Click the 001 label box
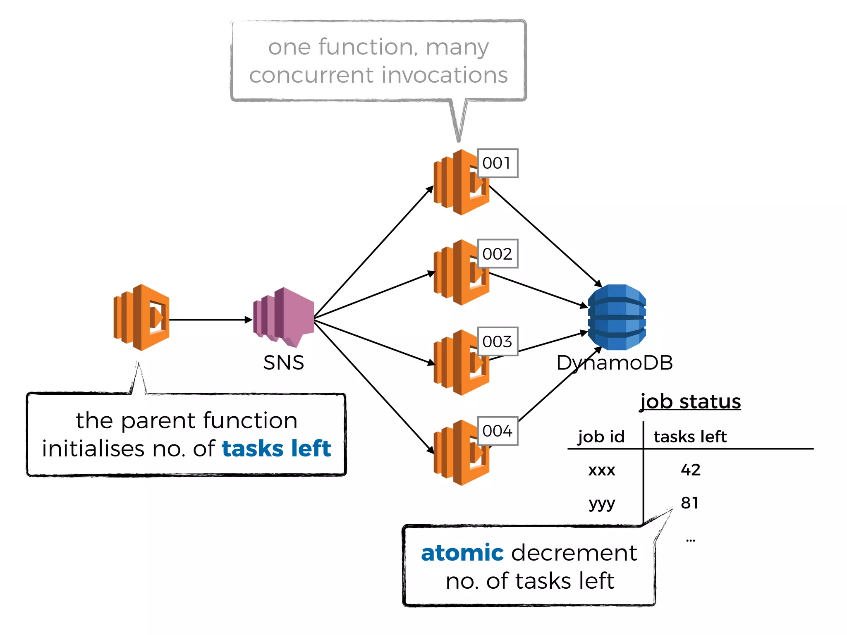coord(498,163)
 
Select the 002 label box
coord(498,254)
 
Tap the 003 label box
coord(498,341)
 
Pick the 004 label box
coord(498,431)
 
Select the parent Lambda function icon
coord(141,317)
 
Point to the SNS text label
coord(284,363)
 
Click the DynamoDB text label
coord(615,363)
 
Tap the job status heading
coord(690,401)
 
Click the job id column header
coord(601,437)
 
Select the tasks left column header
coord(690,437)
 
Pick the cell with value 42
coord(690,470)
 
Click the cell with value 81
coord(689,503)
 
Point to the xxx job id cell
coord(601,470)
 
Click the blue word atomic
coord(462,553)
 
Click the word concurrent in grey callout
coord(311,75)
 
